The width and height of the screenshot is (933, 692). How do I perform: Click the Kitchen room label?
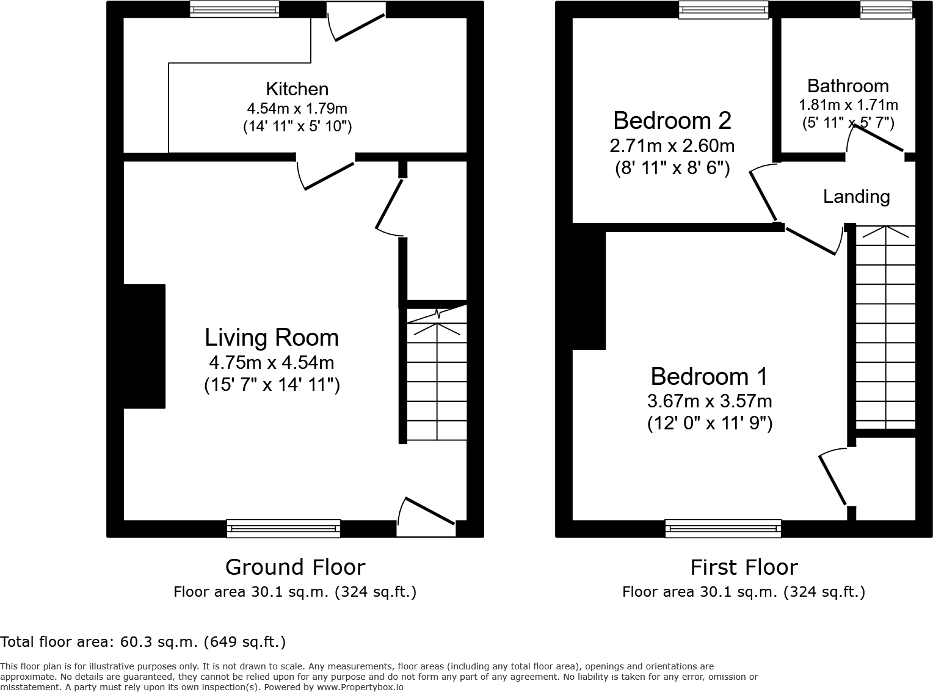[x=297, y=89]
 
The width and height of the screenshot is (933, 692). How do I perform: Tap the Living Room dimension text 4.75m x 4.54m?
[x=271, y=362]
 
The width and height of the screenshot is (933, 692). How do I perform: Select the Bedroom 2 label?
[x=672, y=120]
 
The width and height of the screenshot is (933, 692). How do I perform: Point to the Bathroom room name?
[x=848, y=86]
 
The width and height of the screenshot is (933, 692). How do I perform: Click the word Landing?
[x=856, y=197]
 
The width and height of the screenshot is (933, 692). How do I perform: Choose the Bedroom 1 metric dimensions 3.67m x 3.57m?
[x=709, y=401]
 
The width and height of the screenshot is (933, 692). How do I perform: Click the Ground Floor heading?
[x=295, y=567]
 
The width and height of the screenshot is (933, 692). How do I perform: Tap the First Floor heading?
[x=743, y=567]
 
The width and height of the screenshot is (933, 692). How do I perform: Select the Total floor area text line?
[x=143, y=642]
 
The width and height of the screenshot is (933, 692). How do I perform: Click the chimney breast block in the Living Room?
[x=145, y=346]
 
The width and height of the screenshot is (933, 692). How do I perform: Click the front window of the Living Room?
[x=283, y=528]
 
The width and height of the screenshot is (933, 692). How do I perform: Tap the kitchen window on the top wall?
[x=234, y=9]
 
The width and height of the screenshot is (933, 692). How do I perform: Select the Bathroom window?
[x=886, y=9]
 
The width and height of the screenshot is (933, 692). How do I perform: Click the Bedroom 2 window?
[x=724, y=9]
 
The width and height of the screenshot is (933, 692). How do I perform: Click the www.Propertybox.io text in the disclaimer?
[x=360, y=687]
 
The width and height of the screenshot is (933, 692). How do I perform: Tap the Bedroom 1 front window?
[x=723, y=528]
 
